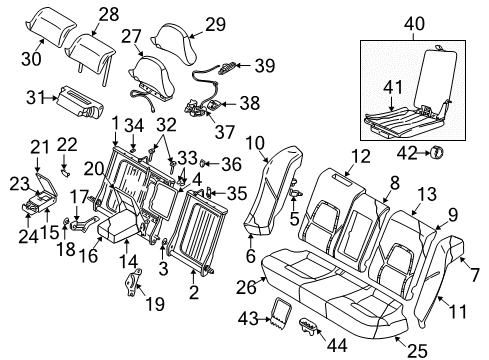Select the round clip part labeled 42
[437, 153]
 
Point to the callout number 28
[107, 13]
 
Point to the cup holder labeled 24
[41, 206]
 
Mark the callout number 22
[68, 146]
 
